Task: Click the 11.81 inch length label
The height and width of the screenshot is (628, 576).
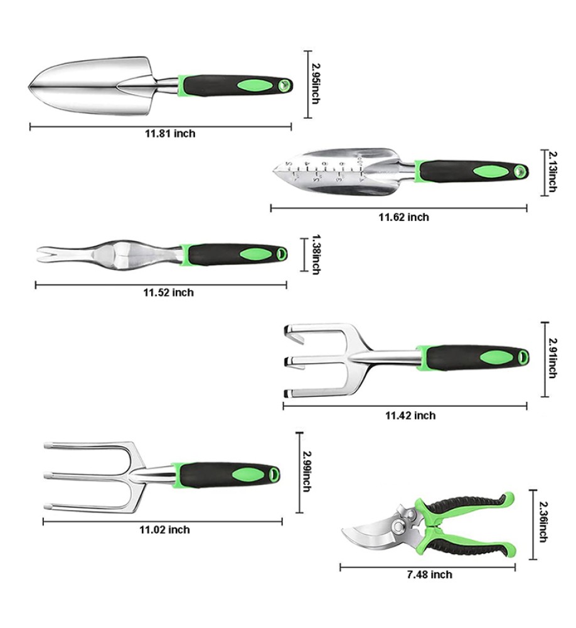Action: pyautogui.click(x=170, y=133)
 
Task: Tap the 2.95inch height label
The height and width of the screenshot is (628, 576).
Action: pyautogui.click(x=316, y=84)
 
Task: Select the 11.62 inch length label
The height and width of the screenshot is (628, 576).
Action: pyautogui.click(x=404, y=217)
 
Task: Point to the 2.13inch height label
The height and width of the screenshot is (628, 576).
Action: pyautogui.click(x=552, y=172)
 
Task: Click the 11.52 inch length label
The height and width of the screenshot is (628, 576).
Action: pyautogui.click(x=169, y=293)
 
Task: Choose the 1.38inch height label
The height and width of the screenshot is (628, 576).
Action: pyautogui.click(x=316, y=254)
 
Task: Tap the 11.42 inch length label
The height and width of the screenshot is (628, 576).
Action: pyautogui.click(x=410, y=415)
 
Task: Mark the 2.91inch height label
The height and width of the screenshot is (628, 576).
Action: pyautogui.click(x=552, y=358)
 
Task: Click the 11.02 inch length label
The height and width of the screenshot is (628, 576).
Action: pyautogui.click(x=164, y=529)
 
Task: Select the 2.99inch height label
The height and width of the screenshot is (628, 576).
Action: pyautogui.click(x=307, y=472)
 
